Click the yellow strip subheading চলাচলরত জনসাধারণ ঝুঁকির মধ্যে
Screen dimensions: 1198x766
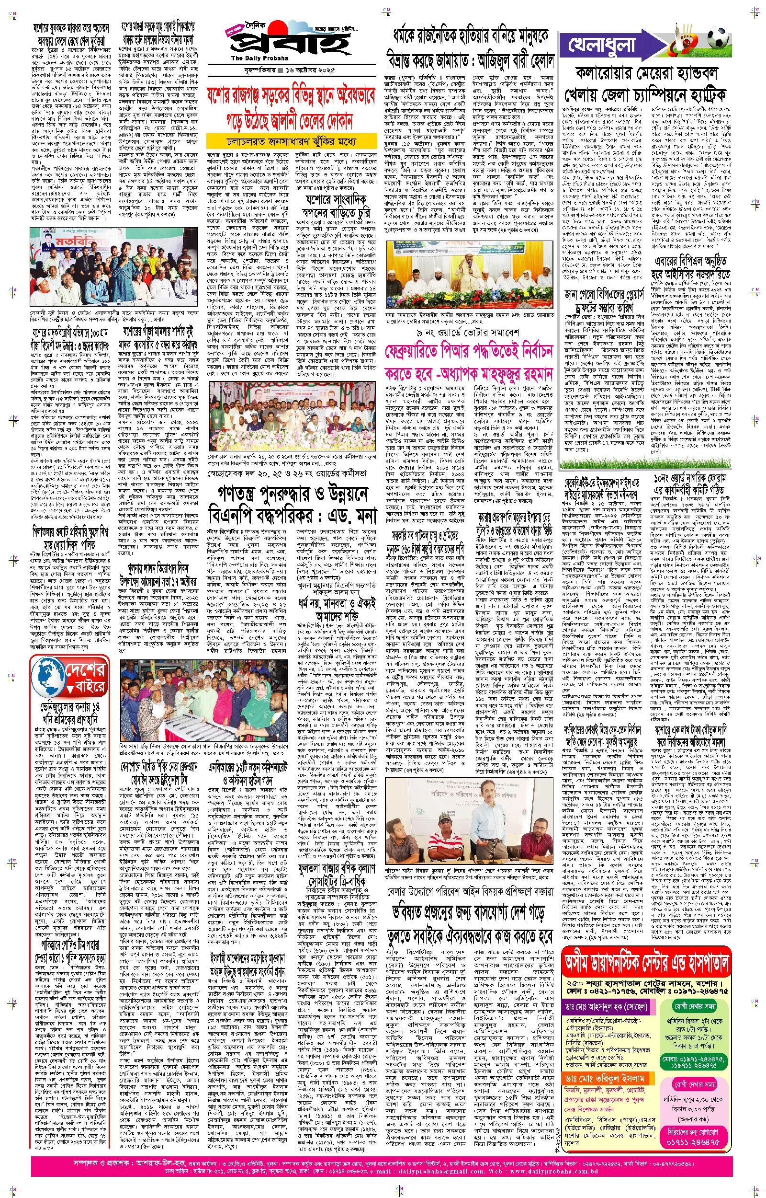(x=292, y=141)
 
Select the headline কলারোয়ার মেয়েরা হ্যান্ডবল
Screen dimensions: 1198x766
(x=646, y=74)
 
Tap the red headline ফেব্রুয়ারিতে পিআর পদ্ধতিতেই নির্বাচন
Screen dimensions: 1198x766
(x=469, y=352)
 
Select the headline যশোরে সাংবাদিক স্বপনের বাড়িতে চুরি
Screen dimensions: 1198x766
(x=337, y=206)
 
